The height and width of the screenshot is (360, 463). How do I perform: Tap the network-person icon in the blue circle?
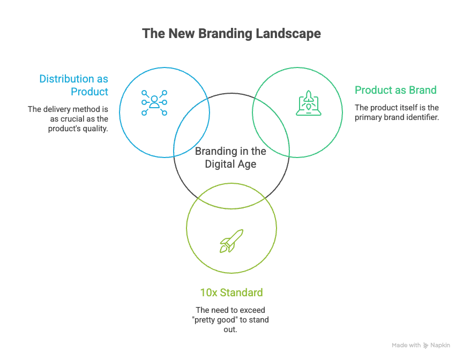point(154,102)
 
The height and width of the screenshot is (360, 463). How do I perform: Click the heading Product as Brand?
point(395,90)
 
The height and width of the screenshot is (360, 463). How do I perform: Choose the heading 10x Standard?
point(231,293)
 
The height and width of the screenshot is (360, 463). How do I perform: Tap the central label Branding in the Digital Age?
point(230,158)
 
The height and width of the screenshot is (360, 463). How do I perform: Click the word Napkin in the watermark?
point(440,346)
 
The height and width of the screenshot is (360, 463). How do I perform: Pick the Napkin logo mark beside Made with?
point(426,346)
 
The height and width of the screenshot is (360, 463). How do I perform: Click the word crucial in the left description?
point(73,119)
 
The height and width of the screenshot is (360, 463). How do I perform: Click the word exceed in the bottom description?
point(252,310)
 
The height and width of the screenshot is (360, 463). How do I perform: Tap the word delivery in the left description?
point(58,109)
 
